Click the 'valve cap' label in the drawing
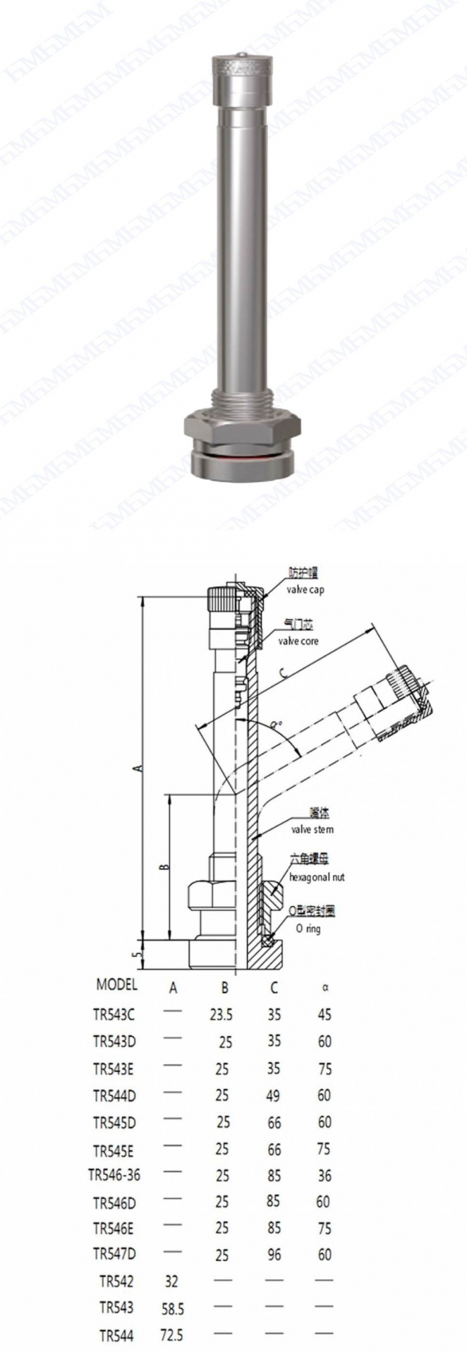coord(305,592)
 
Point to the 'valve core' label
coord(298,641)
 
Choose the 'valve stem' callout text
coord(311,829)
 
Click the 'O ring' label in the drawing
coord(307,929)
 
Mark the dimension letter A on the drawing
coord(137,768)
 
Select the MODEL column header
coord(117,984)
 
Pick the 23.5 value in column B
coord(221,1015)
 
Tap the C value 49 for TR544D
coord(273,1095)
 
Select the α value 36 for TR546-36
coord(324,1175)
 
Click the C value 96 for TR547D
coord(273,1255)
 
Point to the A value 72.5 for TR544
coord(172,1335)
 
